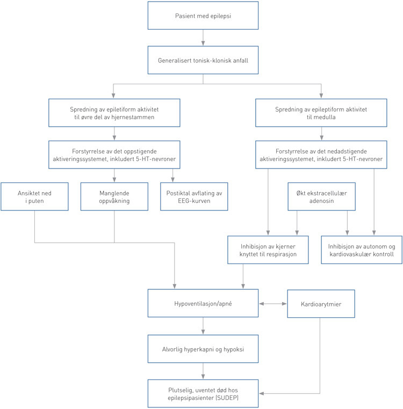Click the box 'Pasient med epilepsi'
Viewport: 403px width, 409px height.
tap(203, 16)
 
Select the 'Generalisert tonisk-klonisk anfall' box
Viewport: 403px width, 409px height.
tap(203, 60)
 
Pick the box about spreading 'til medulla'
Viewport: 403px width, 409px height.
tap(321, 112)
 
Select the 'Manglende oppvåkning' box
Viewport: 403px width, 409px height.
tap(113, 196)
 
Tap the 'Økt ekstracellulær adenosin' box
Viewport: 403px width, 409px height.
tap(321, 196)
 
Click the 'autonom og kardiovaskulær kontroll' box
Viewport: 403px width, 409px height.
tap(361, 250)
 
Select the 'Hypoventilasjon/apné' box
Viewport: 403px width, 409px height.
tap(203, 303)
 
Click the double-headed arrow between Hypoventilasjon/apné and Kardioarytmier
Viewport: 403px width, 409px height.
tap(272, 303)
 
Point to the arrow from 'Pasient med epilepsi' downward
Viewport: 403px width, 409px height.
tap(203, 38)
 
